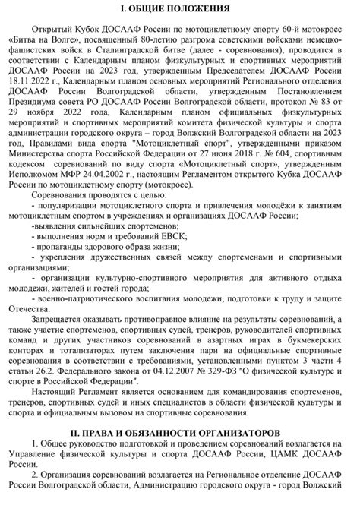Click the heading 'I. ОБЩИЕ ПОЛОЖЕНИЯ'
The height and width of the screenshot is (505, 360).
180,7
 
